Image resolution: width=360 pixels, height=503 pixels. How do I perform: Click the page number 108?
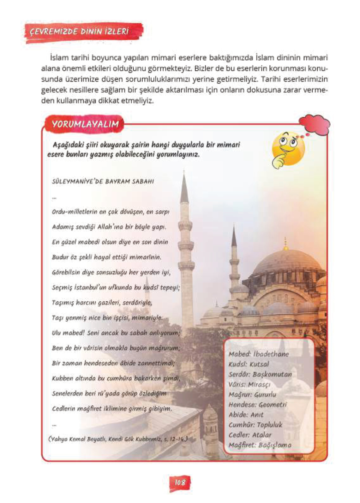pyautogui.click(x=180, y=482)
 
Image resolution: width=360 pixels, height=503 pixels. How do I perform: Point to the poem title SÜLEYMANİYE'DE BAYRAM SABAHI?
pyautogui.click(x=103, y=182)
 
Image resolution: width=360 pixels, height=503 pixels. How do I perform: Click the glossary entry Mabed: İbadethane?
pyautogui.click(x=259, y=354)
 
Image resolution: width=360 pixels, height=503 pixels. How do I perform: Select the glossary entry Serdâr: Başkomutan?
pyautogui.click(x=260, y=374)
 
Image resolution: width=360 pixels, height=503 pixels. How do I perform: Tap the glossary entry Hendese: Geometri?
pyautogui.click(x=257, y=405)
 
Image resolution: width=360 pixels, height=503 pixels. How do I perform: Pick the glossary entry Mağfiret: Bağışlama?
pyautogui.click(x=260, y=445)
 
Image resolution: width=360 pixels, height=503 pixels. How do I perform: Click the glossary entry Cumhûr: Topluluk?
pyautogui.click(x=255, y=425)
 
